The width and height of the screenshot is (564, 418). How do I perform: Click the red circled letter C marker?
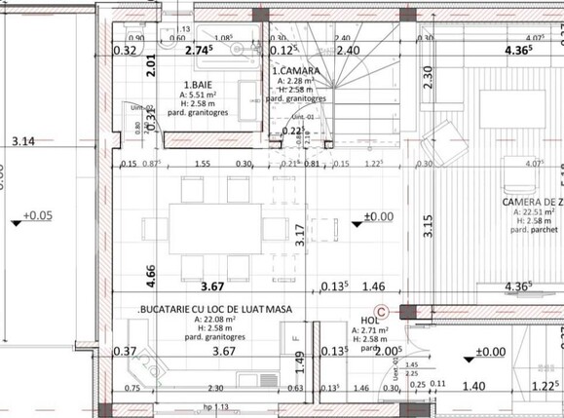point(382,312)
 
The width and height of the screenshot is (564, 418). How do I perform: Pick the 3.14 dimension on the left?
point(22,141)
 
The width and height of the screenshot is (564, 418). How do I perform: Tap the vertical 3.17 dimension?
point(300,234)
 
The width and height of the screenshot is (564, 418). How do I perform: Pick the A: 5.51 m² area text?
point(206,95)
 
